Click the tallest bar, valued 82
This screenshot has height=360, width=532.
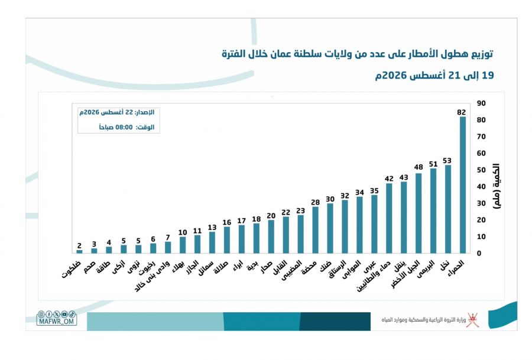pyautogui.click(x=462, y=185)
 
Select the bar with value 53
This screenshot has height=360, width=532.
pyautogui.click(x=448, y=209)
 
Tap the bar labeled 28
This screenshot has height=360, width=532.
pyautogui.click(x=315, y=230)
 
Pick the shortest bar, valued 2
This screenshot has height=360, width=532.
pyautogui.click(x=79, y=251)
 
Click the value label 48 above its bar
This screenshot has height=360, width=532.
pyautogui.click(x=419, y=167)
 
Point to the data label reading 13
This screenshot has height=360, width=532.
pyautogui.click(x=212, y=228)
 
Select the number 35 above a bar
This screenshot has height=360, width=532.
pyautogui.click(x=374, y=191)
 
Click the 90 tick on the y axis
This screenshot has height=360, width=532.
pyautogui.click(x=481, y=103)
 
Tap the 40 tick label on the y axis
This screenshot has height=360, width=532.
pyautogui.click(x=481, y=187)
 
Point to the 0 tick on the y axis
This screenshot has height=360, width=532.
pyautogui.click(x=479, y=253)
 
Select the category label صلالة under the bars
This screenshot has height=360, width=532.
pyautogui.click(x=220, y=267)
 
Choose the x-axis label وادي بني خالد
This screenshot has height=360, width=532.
pyautogui.click(x=153, y=276)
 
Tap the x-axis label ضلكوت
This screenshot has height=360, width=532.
pyautogui.click(x=72, y=270)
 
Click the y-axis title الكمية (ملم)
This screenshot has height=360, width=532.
pyautogui.click(x=496, y=186)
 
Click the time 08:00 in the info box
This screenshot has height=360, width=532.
pyautogui.click(x=124, y=127)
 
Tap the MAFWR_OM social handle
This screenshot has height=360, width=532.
pyautogui.click(x=57, y=322)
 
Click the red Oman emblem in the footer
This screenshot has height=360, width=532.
pyautogui.click(x=472, y=320)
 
